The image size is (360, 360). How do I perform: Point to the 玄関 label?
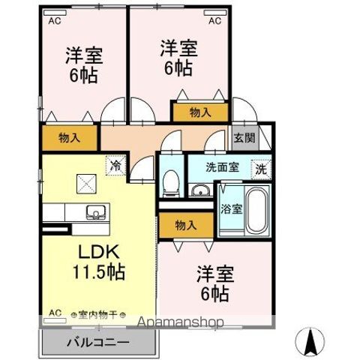[244, 137]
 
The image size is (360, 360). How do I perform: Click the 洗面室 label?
[223, 168]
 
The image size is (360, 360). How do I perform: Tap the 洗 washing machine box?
[260, 169]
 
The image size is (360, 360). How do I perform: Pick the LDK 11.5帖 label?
[98, 262]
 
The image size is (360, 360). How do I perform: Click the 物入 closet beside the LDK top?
[69, 138]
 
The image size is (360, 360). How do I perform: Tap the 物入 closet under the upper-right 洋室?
[199, 112]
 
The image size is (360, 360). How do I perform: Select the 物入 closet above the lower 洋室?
[186, 226]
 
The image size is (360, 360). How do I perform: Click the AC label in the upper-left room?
[55, 22]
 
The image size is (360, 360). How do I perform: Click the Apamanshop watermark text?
[180, 323]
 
